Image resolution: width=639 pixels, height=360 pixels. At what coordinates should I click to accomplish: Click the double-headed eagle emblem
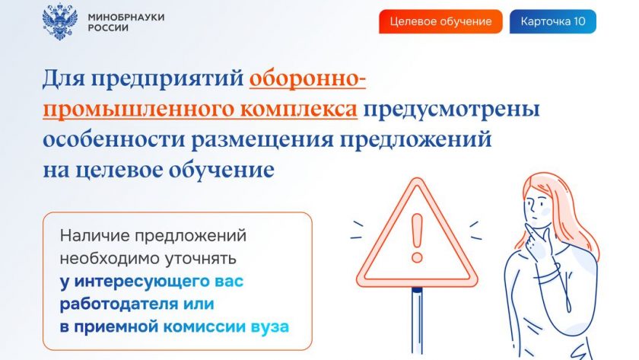(x=60, y=22)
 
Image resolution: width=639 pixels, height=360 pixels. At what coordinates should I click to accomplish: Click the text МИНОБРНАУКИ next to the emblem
(x=126, y=17)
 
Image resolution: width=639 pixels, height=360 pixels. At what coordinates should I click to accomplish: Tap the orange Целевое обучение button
(x=440, y=21)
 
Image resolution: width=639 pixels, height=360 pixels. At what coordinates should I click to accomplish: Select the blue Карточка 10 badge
(x=552, y=21)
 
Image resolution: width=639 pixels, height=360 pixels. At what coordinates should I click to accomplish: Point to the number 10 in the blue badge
(x=579, y=21)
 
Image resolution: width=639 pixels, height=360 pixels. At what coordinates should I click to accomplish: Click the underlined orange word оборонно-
(x=307, y=78)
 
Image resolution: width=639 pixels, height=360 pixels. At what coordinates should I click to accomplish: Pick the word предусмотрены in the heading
(x=452, y=110)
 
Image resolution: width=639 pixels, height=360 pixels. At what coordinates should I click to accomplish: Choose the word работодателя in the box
(x=119, y=304)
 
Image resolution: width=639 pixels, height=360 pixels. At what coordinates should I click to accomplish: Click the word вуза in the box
(x=270, y=327)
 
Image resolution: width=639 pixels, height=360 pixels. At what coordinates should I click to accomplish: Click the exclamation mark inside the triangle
(x=417, y=238)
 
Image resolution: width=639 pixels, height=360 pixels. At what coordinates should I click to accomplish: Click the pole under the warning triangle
(x=417, y=320)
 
